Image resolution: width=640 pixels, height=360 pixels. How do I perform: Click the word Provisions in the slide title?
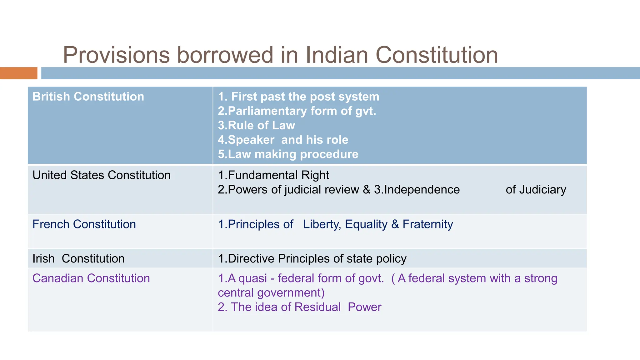click(116, 55)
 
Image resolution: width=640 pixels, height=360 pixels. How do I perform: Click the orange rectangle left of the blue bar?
click(18, 73)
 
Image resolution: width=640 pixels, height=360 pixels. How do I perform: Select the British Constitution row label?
click(88, 97)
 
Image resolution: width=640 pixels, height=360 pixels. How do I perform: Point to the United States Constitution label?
click(102, 175)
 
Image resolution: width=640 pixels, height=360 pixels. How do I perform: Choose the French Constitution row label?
click(84, 224)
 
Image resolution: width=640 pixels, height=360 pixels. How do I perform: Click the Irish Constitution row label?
click(78, 259)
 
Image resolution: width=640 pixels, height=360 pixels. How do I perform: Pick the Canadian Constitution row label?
click(91, 278)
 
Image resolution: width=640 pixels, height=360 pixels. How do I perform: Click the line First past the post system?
click(298, 97)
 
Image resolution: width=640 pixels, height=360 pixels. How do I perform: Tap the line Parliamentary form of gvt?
click(297, 111)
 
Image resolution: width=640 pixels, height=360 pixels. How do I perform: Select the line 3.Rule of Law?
click(256, 125)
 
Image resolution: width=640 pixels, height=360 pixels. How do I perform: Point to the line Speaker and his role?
click(283, 140)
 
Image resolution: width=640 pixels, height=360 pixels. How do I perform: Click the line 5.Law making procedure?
click(288, 154)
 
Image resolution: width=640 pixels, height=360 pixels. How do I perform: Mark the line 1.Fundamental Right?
click(273, 175)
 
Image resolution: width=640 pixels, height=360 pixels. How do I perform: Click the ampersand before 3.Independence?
click(366, 190)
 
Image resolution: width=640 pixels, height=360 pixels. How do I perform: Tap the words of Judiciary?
click(536, 190)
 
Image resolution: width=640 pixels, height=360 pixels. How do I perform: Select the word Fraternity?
click(427, 224)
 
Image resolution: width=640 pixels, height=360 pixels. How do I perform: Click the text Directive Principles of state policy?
click(312, 259)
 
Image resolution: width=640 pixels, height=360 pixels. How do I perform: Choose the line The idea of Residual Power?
click(299, 307)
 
